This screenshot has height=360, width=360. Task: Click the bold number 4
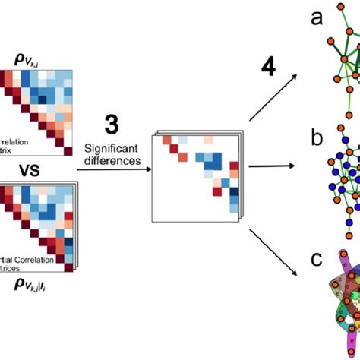pyautogui.click(x=269, y=68)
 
